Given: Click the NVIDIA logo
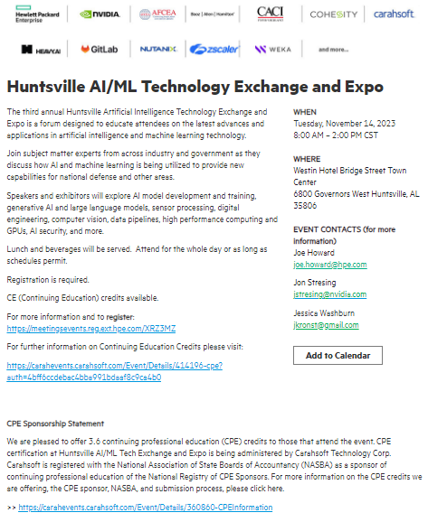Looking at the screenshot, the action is click(x=100, y=14).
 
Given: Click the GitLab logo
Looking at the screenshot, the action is click(x=99, y=49).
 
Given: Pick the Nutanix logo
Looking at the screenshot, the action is click(x=157, y=49).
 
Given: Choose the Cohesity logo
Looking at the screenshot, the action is click(x=334, y=14).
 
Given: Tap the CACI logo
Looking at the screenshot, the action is click(x=271, y=14).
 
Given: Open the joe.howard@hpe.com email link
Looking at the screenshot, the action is click(x=329, y=264).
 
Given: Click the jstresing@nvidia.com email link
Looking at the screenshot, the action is click(x=330, y=294).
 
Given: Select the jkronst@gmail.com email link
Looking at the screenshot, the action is click(x=326, y=324).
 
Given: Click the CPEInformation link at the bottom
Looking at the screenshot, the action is click(x=145, y=508).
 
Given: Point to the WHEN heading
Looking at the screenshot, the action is click(x=305, y=112).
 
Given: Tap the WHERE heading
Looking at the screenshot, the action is click(x=307, y=158).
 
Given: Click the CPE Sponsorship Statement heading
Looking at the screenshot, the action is click(x=55, y=423).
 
